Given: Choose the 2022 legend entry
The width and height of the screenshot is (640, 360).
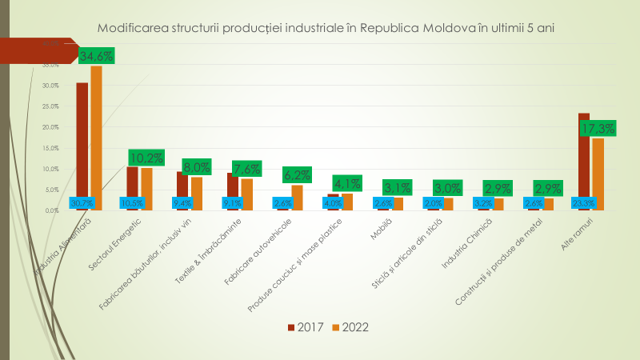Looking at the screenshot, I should (350, 326).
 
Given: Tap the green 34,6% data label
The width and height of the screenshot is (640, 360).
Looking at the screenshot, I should (97, 56).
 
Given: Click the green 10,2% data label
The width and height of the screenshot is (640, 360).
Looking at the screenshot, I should (146, 158).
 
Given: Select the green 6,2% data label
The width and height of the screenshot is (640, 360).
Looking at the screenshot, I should (297, 174).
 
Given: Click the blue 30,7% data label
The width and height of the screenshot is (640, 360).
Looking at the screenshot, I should (82, 203).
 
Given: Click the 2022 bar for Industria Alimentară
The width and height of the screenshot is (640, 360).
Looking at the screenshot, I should (96, 136).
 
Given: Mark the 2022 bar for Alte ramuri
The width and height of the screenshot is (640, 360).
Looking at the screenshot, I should (598, 172).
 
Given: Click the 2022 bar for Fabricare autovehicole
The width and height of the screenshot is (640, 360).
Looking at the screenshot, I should (297, 197).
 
